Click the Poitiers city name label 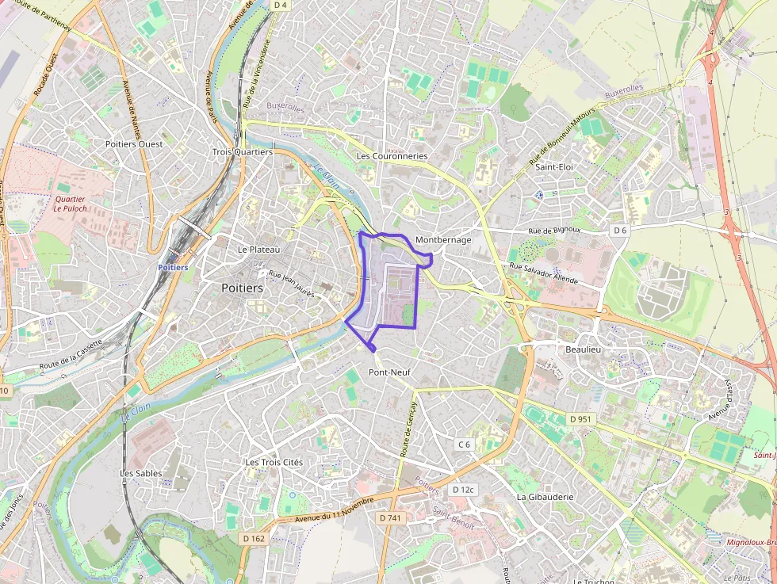243,288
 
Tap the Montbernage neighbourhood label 443,239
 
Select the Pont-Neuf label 389,372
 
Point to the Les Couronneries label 392,156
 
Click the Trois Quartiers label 243,151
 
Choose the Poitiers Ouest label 134,144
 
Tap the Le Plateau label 259,249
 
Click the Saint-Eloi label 554,167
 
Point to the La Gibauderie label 545,497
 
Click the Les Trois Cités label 274,462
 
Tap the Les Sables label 141,473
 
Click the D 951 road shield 580,418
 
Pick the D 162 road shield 253,539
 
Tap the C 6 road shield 464,445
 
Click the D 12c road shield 463,490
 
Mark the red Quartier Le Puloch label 71,204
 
